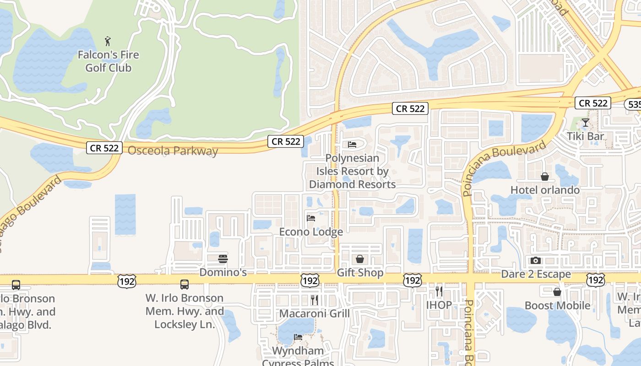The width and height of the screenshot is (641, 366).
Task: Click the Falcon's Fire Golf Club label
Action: point(108,61)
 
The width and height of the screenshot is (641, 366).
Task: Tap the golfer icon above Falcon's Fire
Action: point(108,41)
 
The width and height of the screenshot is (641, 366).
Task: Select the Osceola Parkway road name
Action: point(173,151)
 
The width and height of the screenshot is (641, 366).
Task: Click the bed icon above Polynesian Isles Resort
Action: point(352,145)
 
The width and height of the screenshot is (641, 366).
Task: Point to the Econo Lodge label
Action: point(311,232)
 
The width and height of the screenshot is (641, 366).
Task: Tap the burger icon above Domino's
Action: point(223,259)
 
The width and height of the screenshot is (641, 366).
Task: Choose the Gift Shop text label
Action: point(360,273)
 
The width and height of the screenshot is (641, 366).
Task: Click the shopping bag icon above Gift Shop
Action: point(360,259)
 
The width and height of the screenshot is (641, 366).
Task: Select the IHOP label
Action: point(439,305)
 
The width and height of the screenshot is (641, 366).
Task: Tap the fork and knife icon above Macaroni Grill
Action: point(315,300)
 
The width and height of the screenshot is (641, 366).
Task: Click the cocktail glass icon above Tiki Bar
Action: point(585,123)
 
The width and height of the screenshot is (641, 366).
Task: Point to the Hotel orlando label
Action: point(545,190)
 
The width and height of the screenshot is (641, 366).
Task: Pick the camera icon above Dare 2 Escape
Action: point(536,261)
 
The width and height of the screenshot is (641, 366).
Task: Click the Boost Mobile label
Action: point(557,305)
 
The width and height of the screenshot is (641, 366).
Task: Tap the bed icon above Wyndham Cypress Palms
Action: point(298,337)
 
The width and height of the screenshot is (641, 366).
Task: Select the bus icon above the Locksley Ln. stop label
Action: point(185,285)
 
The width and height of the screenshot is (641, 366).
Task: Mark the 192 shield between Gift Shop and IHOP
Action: point(412,280)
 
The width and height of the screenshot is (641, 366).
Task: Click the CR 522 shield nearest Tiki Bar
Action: point(593,103)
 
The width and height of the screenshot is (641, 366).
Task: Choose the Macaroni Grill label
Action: point(314,313)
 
